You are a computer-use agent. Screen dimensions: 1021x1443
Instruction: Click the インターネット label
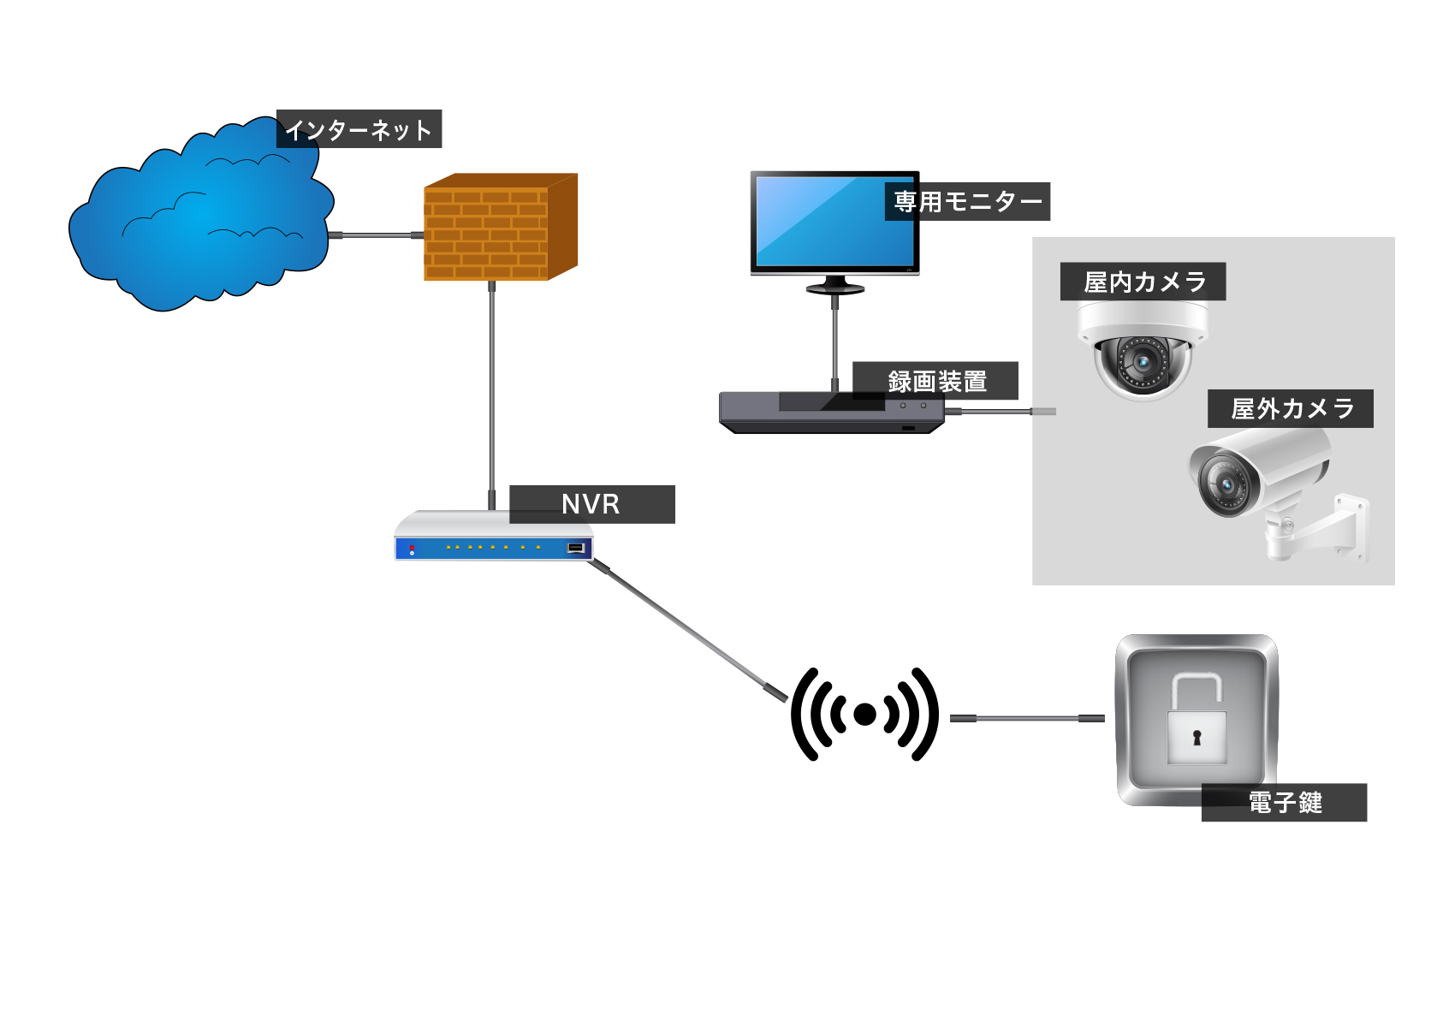tap(359, 129)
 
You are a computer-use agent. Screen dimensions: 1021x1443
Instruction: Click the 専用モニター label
tap(967, 202)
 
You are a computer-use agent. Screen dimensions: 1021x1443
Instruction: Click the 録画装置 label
tap(936, 381)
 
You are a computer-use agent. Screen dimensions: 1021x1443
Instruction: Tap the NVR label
tap(591, 504)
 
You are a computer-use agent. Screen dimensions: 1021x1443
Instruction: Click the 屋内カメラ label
tap(1143, 282)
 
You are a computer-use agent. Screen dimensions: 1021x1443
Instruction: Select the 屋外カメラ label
tap(1291, 409)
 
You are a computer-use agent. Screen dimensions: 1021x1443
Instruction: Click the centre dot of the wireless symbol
tap(864, 715)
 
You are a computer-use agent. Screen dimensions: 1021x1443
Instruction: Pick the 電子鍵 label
tap(1284, 803)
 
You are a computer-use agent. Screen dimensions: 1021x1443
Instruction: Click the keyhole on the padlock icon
tap(1197, 737)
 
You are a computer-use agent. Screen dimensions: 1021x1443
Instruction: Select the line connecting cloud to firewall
tap(377, 235)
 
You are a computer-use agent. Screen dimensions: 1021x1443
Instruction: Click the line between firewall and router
tap(492, 385)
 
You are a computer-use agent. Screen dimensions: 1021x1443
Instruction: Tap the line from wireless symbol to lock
tap(1027, 718)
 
